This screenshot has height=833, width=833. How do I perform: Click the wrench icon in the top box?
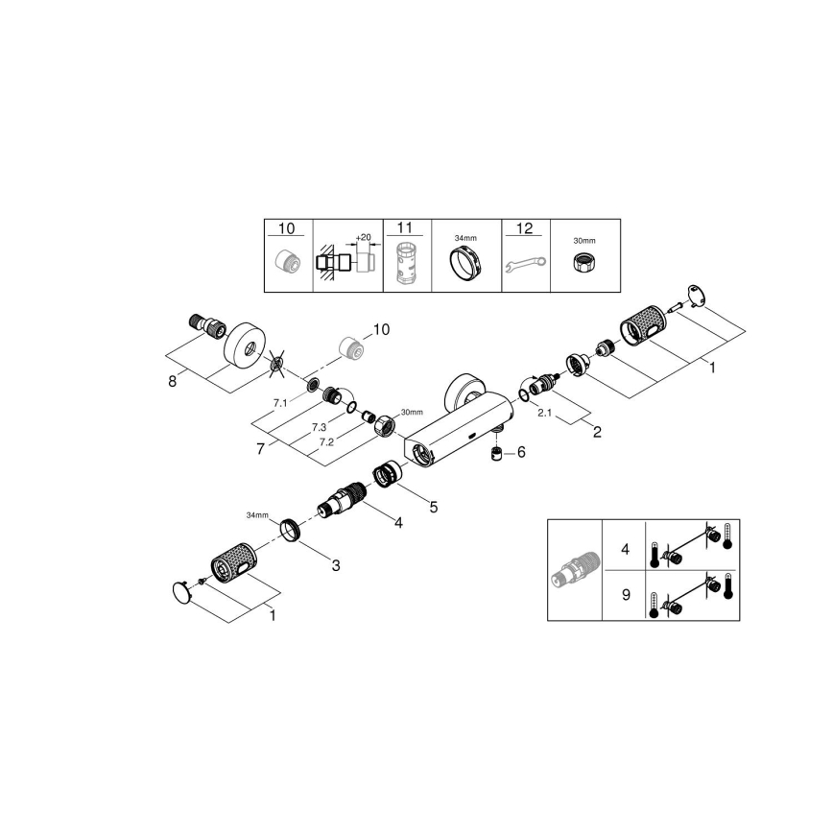tap(525, 260)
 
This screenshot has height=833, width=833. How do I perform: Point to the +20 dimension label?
tap(362, 236)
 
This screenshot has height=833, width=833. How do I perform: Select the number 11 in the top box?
tap(404, 228)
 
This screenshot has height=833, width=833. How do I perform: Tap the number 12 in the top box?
tap(524, 228)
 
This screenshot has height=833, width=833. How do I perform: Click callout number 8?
tap(173, 381)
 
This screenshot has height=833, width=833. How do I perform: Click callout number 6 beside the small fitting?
tap(521, 451)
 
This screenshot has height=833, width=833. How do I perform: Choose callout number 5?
tap(433, 506)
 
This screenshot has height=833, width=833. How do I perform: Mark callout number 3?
tap(335, 565)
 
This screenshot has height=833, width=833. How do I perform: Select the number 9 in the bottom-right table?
tap(625, 594)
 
